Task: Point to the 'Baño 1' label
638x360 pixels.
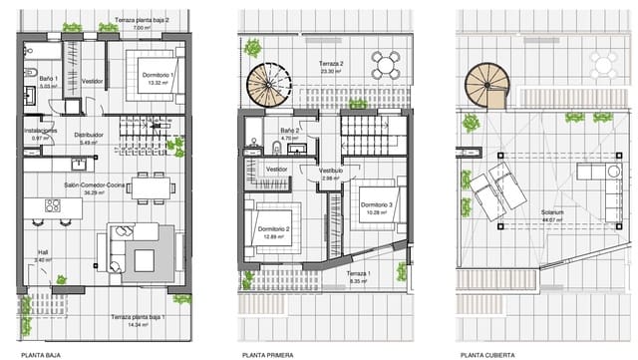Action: click(49, 79)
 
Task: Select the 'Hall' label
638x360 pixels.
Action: click(43, 251)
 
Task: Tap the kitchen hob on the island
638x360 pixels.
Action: click(53, 205)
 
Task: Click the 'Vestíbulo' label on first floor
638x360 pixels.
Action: click(330, 171)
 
